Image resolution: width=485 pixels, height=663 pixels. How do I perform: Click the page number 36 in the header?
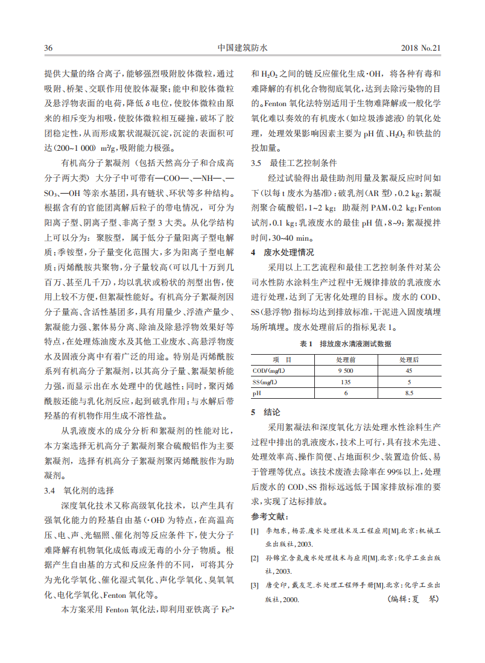click(x=48, y=48)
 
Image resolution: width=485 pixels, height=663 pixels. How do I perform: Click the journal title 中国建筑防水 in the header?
click(x=242, y=48)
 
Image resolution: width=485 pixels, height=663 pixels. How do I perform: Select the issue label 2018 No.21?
click(x=421, y=48)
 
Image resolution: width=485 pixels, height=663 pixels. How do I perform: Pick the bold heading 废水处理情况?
click(x=289, y=252)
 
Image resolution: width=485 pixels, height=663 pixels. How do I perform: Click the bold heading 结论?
click(x=272, y=413)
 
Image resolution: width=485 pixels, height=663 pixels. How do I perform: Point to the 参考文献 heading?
click(x=270, y=516)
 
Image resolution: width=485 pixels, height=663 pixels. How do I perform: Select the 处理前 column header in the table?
click(x=346, y=360)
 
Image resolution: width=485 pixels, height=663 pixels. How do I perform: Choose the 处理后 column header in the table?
click(x=408, y=360)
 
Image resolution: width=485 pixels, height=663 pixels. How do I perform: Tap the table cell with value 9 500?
click(x=346, y=371)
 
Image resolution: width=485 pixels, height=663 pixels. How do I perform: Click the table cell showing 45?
click(x=408, y=371)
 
